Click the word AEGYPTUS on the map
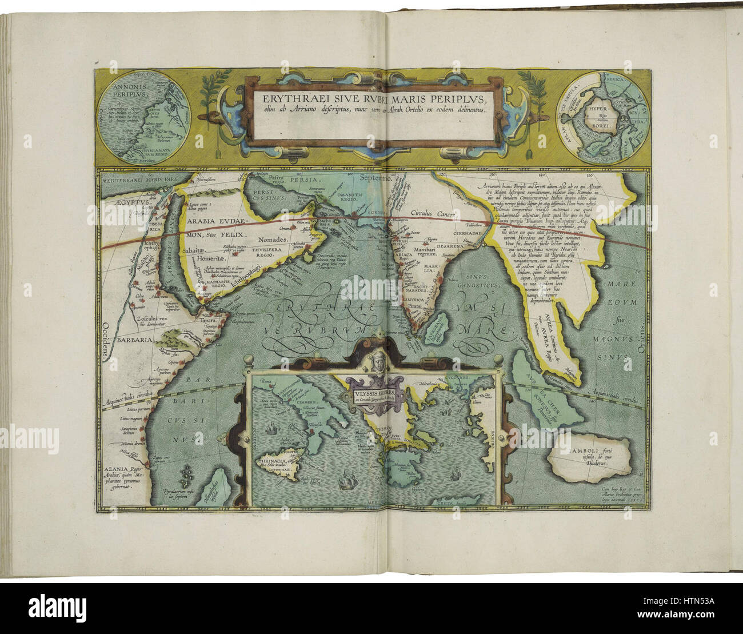tap(120, 203)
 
